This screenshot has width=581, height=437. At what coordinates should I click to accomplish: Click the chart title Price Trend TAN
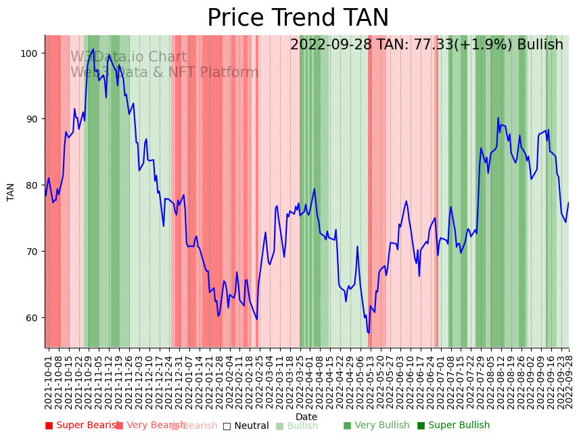click(298, 18)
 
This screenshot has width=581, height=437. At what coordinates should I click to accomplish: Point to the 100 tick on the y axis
click(32, 53)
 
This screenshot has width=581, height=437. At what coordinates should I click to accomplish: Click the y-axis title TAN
click(11, 191)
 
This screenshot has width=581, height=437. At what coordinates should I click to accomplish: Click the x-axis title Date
click(306, 417)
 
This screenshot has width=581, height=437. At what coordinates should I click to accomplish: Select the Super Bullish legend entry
click(453, 425)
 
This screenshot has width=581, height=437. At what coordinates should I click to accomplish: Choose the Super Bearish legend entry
click(83, 425)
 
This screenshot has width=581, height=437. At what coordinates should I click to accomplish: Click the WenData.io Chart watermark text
click(129, 57)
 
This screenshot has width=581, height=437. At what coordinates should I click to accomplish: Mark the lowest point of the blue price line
click(369, 333)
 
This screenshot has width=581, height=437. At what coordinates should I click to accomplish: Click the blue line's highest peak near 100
click(93, 49)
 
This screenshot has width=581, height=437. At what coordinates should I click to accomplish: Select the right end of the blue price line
click(568, 202)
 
